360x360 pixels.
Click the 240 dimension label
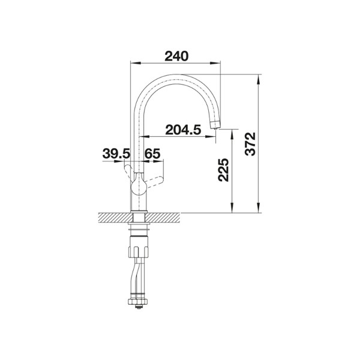click(x=176, y=56)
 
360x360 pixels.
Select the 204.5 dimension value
click(x=183, y=130)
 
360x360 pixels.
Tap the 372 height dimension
click(x=250, y=144)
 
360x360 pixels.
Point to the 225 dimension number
click(x=223, y=170)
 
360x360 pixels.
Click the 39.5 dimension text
click(x=116, y=154)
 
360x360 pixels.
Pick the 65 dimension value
click(x=152, y=154)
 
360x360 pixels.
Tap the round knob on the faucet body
click(x=138, y=184)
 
